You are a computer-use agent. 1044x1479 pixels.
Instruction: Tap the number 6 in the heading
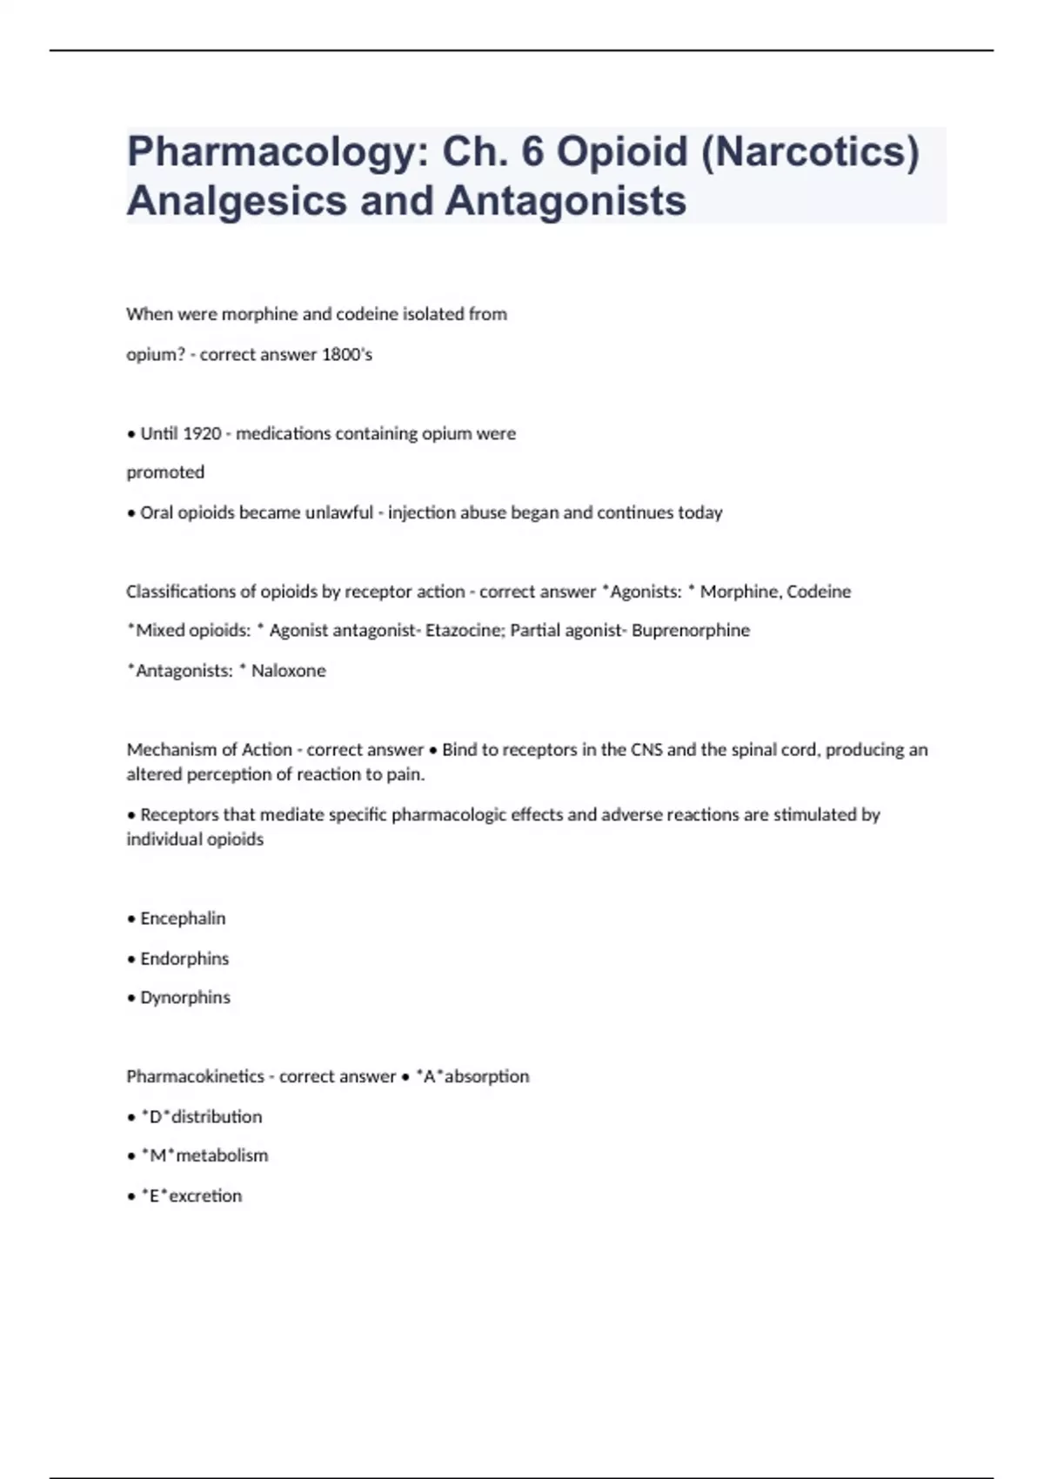click(x=532, y=151)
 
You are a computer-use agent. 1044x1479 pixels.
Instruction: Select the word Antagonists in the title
click(x=565, y=201)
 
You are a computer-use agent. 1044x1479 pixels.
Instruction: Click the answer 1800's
click(x=347, y=354)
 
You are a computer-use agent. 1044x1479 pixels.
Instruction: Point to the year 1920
click(x=201, y=433)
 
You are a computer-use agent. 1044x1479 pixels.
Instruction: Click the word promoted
click(x=165, y=472)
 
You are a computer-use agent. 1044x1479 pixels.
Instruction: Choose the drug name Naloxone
click(x=288, y=671)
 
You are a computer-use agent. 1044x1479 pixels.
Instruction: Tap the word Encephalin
click(x=183, y=919)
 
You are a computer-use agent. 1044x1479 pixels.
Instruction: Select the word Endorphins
click(x=184, y=959)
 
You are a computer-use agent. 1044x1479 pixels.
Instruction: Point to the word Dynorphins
click(x=185, y=998)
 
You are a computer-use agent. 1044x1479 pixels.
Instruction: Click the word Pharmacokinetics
click(x=195, y=1077)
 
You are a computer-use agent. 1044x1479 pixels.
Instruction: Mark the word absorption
click(x=486, y=1077)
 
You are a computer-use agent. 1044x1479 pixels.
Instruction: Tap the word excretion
click(x=205, y=1196)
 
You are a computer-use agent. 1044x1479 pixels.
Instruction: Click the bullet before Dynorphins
click(x=131, y=999)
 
